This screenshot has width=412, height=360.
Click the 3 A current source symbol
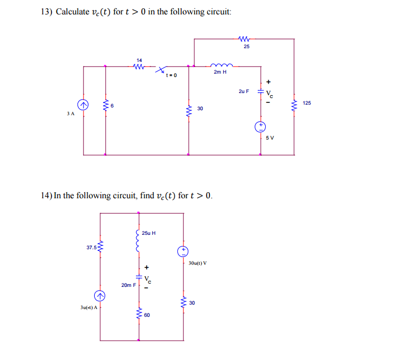pos(83,104)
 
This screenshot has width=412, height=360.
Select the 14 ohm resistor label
pos(139,60)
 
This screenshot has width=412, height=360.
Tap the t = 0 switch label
pos(171,76)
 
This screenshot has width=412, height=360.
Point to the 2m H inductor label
pos(220,72)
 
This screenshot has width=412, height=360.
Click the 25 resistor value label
pos(246,47)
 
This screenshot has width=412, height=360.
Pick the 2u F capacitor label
pos(244,90)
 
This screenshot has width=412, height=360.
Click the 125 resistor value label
pos(307,103)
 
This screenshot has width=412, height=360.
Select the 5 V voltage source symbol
pos(260,127)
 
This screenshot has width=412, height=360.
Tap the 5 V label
pos(270,137)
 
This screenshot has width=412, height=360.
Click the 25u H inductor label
pos(149,233)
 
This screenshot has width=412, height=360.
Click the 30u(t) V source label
pos(198,263)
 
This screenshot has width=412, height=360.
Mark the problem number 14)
pos(47,196)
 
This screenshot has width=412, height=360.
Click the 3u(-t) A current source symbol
pos(100,296)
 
